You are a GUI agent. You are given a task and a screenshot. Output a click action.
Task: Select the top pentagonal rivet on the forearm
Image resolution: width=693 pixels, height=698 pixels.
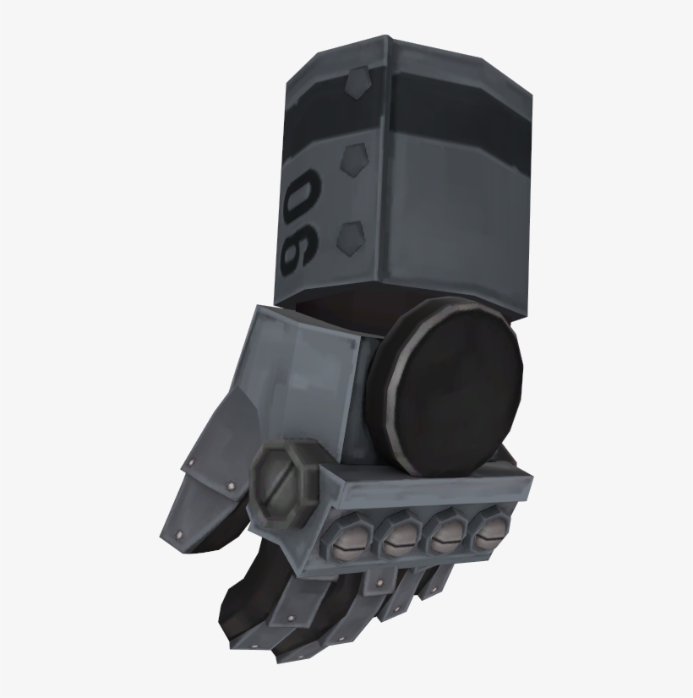[357, 83]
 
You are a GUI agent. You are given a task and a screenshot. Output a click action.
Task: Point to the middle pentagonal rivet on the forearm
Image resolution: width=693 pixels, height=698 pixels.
[355, 159]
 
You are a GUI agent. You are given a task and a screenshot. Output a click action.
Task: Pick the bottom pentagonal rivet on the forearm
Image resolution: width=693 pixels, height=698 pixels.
[352, 238]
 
